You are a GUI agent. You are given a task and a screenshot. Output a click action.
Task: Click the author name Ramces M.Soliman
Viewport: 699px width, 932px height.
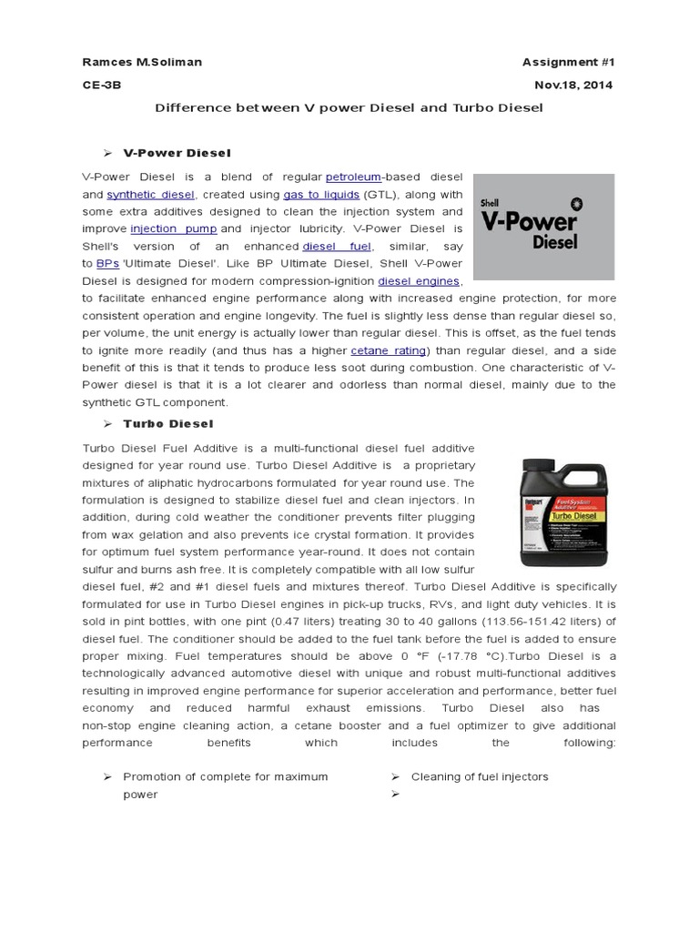pyautogui.click(x=142, y=62)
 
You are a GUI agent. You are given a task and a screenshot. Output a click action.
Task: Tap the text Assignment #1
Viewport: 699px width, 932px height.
pyautogui.click(x=568, y=62)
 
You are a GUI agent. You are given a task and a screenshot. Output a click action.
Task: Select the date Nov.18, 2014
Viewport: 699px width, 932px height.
pyautogui.click(x=574, y=85)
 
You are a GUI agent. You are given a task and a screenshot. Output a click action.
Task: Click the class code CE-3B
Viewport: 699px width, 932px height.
pyautogui.click(x=101, y=85)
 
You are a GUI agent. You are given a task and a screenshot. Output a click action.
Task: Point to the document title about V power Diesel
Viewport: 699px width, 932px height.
pyautogui.click(x=349, y=107)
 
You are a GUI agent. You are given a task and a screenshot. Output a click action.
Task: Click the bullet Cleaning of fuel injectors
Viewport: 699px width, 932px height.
pyautogui.click(x=480, y=776)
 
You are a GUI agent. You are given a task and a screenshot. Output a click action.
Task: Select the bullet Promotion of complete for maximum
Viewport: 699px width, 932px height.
pyautogui.click(x=225, y=776)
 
